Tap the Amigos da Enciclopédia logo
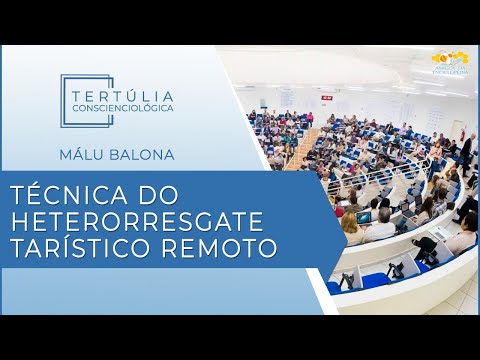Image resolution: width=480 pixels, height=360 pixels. point(451,62)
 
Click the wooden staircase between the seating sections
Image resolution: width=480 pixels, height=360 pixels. point(302,150)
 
